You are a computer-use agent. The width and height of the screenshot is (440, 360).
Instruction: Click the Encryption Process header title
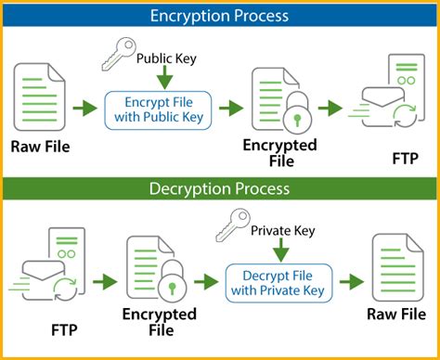(220, 15)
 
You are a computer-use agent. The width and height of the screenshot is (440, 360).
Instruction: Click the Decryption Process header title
(220, 188)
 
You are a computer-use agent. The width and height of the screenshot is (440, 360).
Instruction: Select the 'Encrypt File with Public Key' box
(159, 109)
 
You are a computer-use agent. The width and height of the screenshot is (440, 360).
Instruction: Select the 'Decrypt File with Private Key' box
(276, 280)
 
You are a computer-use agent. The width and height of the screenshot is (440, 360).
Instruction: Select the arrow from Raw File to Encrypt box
(84, 109)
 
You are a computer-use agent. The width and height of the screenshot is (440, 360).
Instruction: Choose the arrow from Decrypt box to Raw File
(349, 280)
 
